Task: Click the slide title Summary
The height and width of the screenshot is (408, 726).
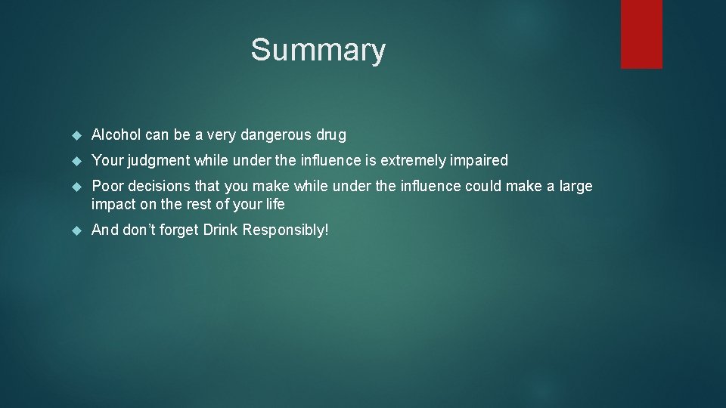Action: (318, 51)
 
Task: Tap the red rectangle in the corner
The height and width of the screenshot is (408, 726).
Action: (641, 34)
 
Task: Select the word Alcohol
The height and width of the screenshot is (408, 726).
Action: (116, 135)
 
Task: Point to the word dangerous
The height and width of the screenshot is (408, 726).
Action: (281, 135)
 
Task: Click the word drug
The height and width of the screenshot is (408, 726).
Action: (331, 136)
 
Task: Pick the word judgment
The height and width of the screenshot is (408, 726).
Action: (158, 161)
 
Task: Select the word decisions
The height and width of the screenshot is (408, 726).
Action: (159, 186)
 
